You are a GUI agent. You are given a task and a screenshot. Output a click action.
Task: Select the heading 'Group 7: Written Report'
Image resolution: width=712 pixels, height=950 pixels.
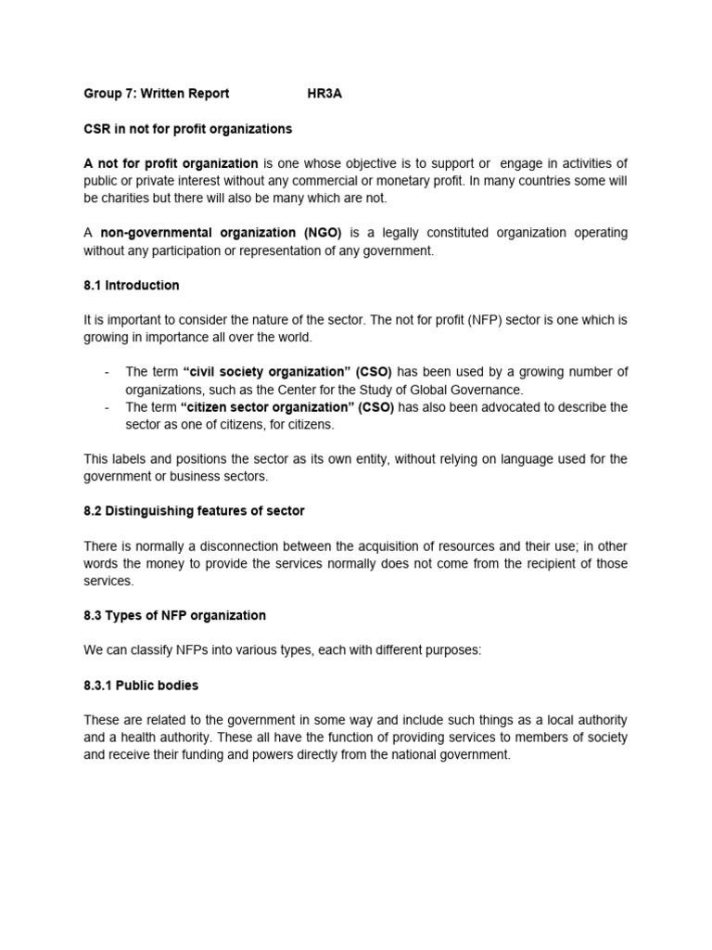click(x=156, y=94)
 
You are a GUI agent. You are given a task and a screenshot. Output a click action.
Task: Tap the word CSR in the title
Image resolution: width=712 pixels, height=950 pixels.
click(x=96, y=129)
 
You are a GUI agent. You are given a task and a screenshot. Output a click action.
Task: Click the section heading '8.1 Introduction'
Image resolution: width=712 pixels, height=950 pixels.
click(x=132, y=285)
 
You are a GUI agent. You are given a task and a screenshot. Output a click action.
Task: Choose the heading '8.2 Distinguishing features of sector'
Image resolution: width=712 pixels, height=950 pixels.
click(x=194, y=511)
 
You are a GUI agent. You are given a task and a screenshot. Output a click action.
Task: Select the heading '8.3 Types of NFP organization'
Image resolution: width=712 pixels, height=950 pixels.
click(x=174, y=615)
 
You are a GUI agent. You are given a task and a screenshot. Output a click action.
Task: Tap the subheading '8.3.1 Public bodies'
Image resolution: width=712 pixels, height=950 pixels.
click(x=141, y=686)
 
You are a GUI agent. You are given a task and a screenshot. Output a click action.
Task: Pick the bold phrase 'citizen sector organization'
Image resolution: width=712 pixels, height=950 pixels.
click(x=263, y=407)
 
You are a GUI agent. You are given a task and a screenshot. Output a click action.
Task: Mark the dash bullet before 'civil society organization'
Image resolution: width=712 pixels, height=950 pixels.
click(x=108, y=372)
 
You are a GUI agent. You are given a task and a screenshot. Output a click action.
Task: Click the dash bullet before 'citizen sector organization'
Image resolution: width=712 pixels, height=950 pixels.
click(x=108, y=407)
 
